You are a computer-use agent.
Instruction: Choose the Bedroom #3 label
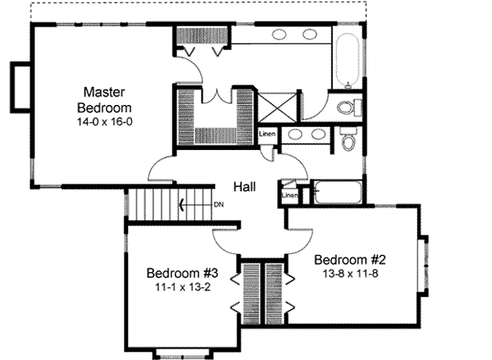coord(181,273)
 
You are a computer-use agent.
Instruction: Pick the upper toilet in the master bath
coord(346,107)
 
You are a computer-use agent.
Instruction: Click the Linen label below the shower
coord(267,134)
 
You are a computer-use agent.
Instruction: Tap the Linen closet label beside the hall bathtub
coord(288,196)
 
